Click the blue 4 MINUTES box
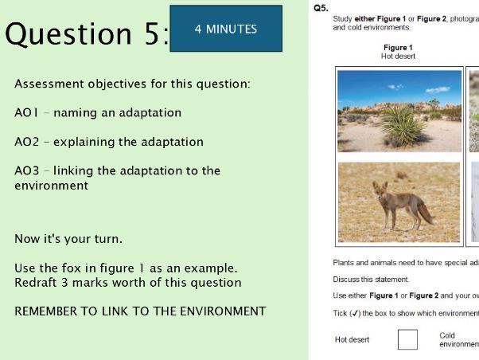coord(226,29)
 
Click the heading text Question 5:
coord(87,34)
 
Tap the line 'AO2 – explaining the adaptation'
coord(109,142)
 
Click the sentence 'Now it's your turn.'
coord(68,238)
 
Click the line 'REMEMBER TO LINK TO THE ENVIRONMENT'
coord(140,311)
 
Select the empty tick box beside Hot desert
coord(407,339)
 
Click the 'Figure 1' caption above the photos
coord(398,48)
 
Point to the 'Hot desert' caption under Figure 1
coord(398,57)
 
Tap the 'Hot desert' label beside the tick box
coord(352,339)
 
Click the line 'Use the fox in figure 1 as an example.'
coord(126,268)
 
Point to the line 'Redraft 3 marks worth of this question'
coord(128,282)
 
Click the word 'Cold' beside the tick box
coord(447,335)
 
